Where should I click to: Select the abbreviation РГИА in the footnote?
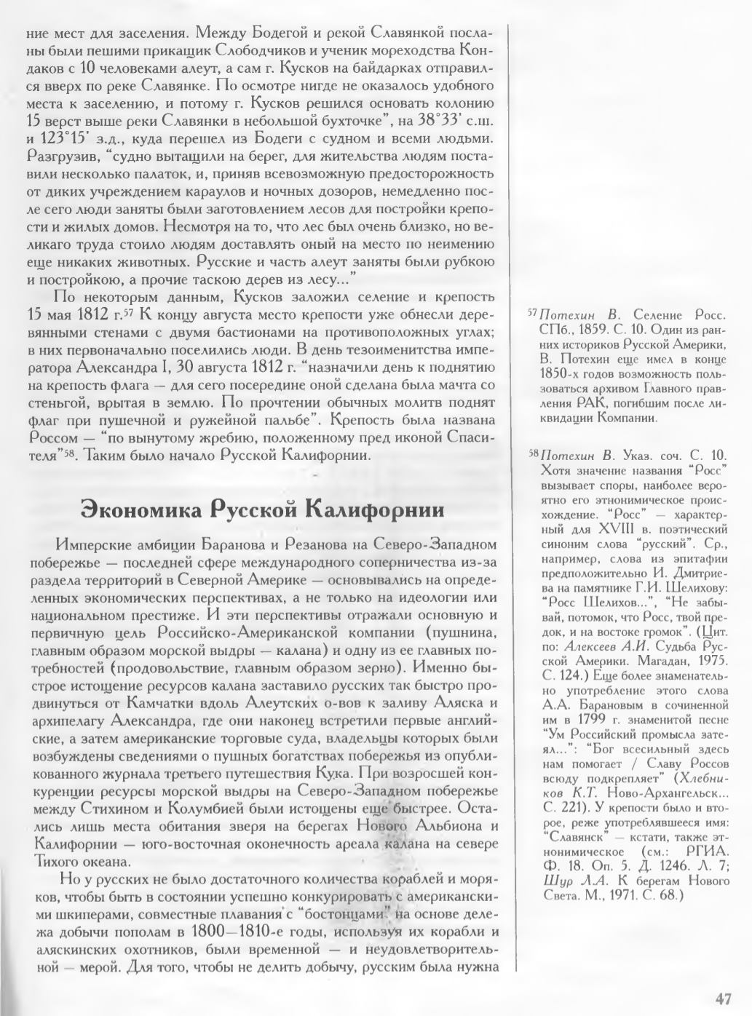point(705,852)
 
